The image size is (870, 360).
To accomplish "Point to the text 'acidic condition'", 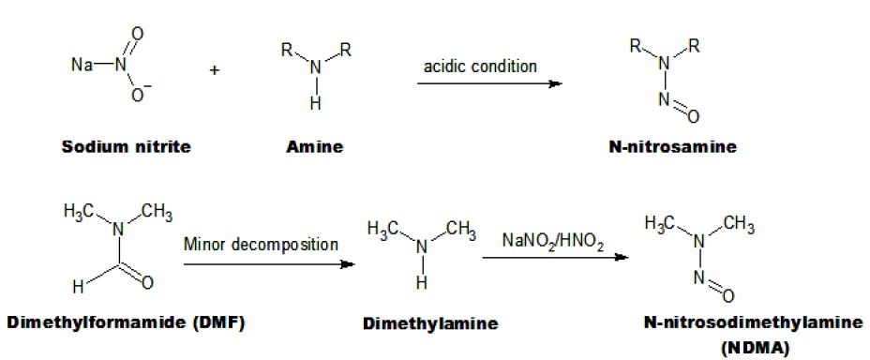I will pyautogui.click(x=481, y=67).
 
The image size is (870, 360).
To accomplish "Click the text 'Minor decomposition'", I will pyautogui.click(x=262, y=245).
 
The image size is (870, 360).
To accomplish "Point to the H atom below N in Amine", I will pyautogui.click(x=316, y=104).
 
